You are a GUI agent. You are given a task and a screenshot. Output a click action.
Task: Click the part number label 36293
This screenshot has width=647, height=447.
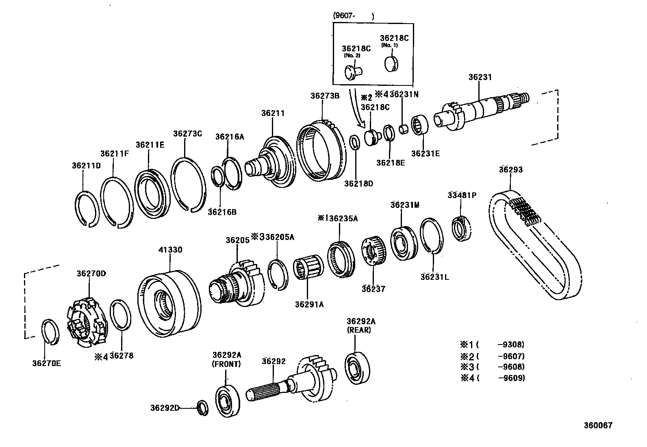tap(511, 170)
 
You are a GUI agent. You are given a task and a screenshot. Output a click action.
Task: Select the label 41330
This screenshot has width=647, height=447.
tap(170, 250)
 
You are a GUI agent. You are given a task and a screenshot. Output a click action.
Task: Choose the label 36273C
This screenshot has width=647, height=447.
tap(187, 133)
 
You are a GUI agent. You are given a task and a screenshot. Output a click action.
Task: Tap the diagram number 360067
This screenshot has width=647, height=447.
tap(598, 425)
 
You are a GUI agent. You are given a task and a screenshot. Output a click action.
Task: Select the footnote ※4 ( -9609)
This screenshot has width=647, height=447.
tap(493, 378)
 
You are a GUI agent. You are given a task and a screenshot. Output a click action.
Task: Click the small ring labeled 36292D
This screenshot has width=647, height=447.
tap(202, 408)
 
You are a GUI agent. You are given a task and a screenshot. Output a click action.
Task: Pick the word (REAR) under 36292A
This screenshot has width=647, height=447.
tap(359, 330)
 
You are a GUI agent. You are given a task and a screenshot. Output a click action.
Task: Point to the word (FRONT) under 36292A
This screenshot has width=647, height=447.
tap(226, 364)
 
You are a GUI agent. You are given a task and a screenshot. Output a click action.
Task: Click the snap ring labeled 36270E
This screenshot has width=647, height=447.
tap(52, 332)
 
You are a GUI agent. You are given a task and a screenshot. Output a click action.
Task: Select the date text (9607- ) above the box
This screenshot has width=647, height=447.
tap(353, 16)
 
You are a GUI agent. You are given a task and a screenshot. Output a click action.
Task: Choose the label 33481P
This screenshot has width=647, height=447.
tap(462, 195)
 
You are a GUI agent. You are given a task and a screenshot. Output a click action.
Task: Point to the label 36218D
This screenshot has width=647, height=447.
tap(358, 183)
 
